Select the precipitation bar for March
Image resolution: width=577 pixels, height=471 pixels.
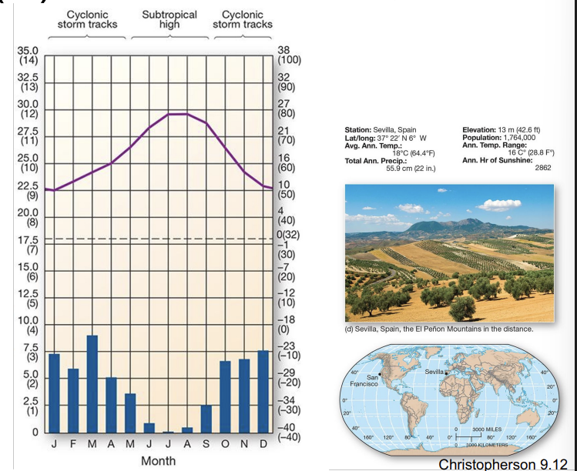tap(92, 384)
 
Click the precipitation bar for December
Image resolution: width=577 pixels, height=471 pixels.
tap(263, 392)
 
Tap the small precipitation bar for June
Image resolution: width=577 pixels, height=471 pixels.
tap(149, 428)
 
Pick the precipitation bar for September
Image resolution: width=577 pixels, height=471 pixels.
tap(206, 419)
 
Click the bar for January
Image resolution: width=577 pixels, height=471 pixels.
tap(54, 393)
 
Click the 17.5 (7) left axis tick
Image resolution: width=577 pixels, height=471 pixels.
tap(28, 244)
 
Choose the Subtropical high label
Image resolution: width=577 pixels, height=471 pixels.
tap(169, 19)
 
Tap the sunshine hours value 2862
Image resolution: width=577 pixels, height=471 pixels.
tap(542, 167)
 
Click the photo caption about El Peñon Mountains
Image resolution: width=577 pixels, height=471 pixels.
tap(439, 329)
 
